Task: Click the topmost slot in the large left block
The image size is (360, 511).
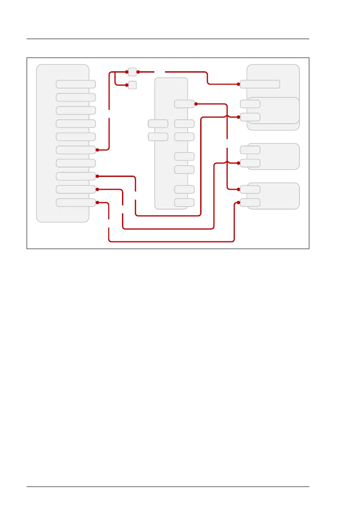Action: [76, 84]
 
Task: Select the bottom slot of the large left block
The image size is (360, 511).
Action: [76, 202]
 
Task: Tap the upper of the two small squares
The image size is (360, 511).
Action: [133, 72]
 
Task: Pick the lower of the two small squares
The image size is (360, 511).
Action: [133, 85]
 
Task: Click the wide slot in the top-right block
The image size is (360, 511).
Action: [260, 84]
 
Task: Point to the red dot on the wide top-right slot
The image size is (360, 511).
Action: [238, 84]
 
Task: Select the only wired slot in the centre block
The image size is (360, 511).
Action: [184, 103]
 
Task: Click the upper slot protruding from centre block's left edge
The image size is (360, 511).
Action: [158, 124]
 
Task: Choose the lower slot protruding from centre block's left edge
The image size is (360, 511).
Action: [158, 137]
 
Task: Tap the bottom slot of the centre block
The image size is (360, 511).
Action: [184, 202]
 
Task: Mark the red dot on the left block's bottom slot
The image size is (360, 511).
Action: [98, 202]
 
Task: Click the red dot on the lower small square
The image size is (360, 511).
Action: [127, 85]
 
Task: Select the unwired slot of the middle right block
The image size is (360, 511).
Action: [250, 150]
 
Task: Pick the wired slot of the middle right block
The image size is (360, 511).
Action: [250, 163]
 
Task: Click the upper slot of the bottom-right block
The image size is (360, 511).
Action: [250, 189]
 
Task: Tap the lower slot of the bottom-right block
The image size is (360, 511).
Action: [250, 202]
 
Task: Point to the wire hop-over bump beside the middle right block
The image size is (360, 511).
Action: [227, 162]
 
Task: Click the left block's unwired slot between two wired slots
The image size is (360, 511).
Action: [76, 163]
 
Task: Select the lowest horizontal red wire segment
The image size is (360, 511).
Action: [172, 241]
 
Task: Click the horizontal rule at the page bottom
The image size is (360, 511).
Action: [168, 487]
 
